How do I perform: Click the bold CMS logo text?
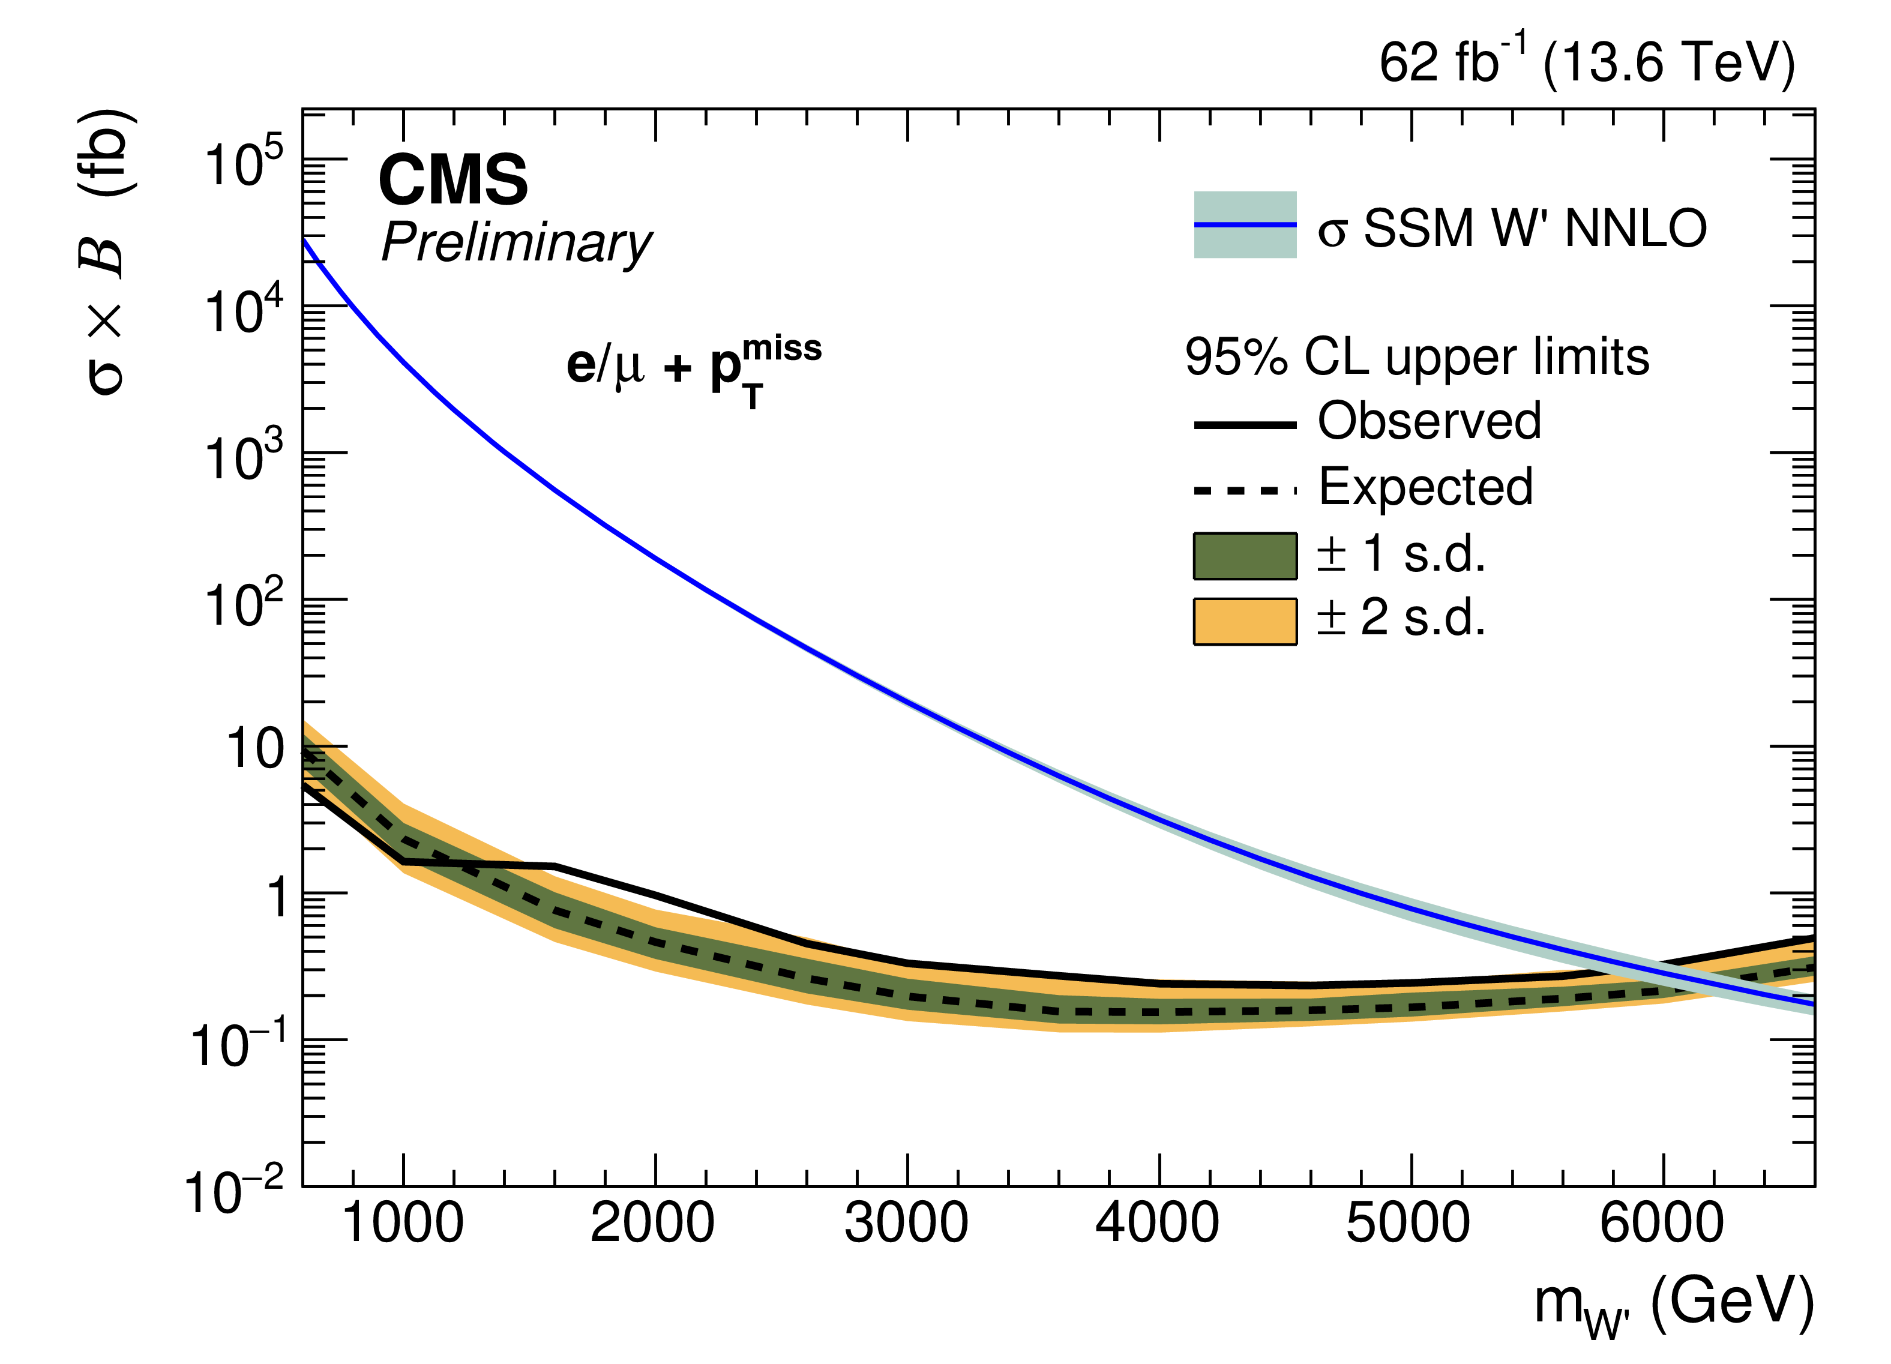452,180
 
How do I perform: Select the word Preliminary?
517,244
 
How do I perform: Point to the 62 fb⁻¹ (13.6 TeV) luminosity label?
1587,62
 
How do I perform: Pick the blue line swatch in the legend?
1245,224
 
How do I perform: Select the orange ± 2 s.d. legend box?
1245,622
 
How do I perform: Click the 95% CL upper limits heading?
1416,357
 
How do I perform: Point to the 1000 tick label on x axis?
403,1224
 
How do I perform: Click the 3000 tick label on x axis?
906,1224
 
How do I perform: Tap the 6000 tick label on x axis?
1662,1224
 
